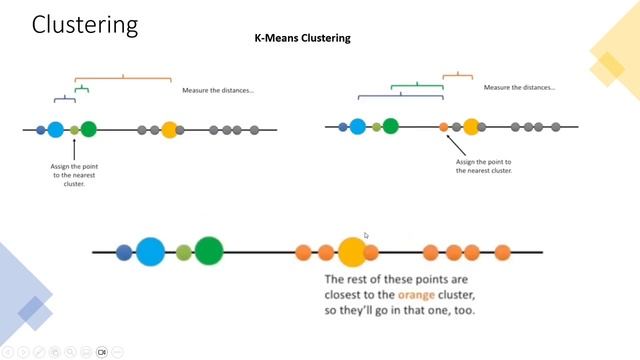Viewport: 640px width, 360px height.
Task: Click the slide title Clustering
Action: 85,25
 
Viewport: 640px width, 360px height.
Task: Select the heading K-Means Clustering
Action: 302,39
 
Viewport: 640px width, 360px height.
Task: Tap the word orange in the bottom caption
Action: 417,295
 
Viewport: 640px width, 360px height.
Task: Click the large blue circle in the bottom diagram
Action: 151,252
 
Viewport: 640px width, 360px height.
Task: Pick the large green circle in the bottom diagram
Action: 209,252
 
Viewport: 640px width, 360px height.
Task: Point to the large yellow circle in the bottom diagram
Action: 352,251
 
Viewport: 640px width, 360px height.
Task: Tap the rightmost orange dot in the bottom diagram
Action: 502,252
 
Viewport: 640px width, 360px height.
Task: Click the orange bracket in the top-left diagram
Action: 123,77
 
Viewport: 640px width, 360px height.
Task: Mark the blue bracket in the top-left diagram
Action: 64,98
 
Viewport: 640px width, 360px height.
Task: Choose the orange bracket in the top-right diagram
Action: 457,74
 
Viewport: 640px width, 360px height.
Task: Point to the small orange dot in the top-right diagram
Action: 444,127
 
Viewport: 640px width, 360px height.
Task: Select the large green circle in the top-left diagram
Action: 89,128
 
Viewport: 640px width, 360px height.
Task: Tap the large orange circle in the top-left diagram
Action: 169,129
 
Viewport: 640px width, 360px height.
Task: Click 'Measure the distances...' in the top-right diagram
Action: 519,88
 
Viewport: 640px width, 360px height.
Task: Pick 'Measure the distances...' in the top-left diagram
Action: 218,91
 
